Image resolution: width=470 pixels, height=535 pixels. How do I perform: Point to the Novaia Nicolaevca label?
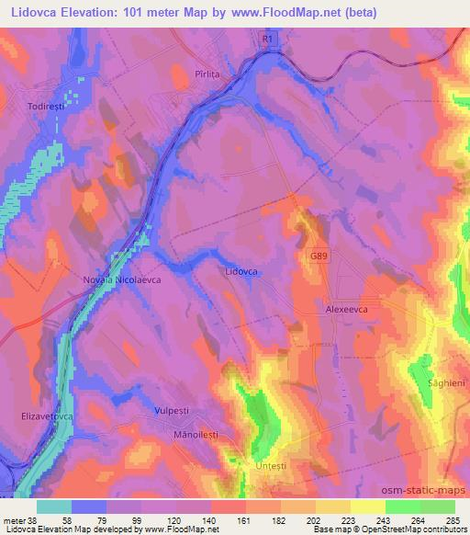pyautogui.click(x=121, y=283)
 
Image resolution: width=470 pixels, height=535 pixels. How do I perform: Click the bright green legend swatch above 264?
pyautogui.click(x=402, y=506)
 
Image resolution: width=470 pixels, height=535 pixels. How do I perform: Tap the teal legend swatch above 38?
pyautogui.click(x=55, y=506)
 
